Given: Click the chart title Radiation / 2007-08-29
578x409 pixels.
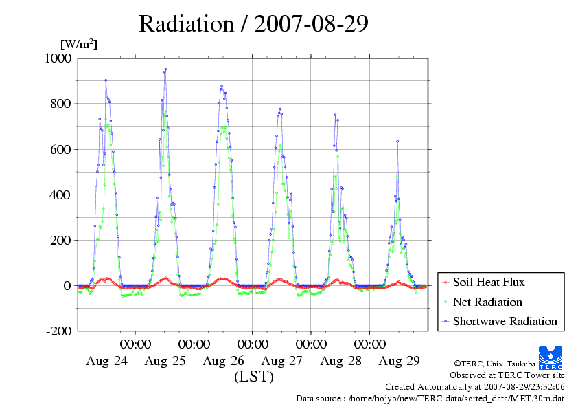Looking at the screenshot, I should (253, 24).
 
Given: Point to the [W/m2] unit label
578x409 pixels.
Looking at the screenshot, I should (79, 44).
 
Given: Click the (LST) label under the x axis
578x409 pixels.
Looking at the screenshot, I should (253, 377).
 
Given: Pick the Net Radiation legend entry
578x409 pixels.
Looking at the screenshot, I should (487, 302).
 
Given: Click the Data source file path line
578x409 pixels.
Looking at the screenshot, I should (430, 398).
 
